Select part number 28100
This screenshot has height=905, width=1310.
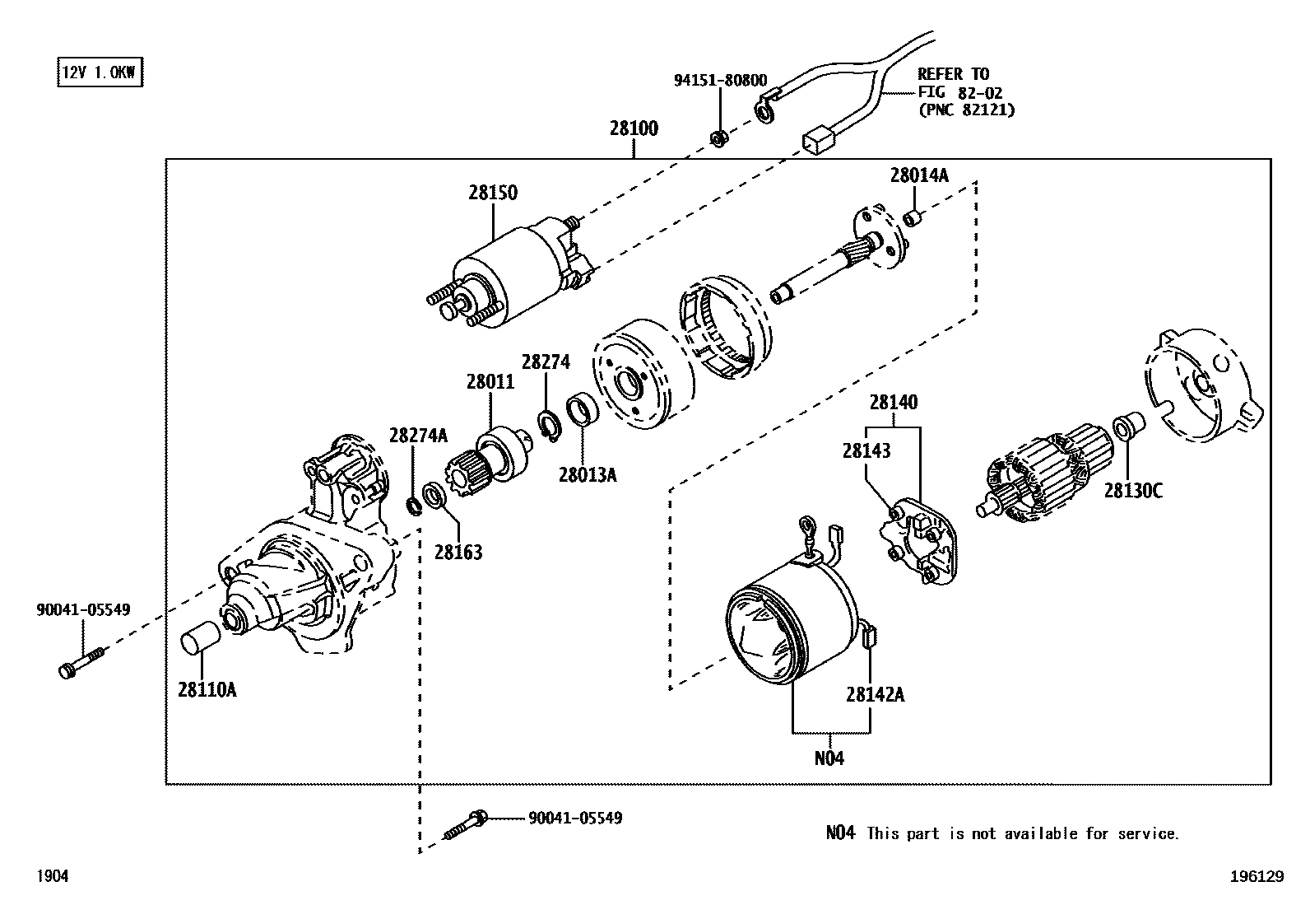tap(634, 128)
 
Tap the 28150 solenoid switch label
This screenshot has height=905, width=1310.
tap(493, 193)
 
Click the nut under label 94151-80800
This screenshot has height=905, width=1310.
tap(718, 138)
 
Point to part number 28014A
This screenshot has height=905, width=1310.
tap(918, 175)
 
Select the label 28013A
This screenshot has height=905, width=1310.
tap(587, 474)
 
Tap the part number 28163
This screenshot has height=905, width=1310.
tap(458, 552)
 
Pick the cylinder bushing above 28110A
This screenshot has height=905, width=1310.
tap(200, 639)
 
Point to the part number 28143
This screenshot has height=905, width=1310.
tap(866, 450)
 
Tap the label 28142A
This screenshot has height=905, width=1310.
tap(875, 694)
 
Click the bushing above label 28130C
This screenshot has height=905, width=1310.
tap(1126, 427)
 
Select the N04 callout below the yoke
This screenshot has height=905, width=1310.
tap(829, 758)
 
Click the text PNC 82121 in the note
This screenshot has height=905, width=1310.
tap(966, 109)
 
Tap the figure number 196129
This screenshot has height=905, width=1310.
tap(1257, 877)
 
